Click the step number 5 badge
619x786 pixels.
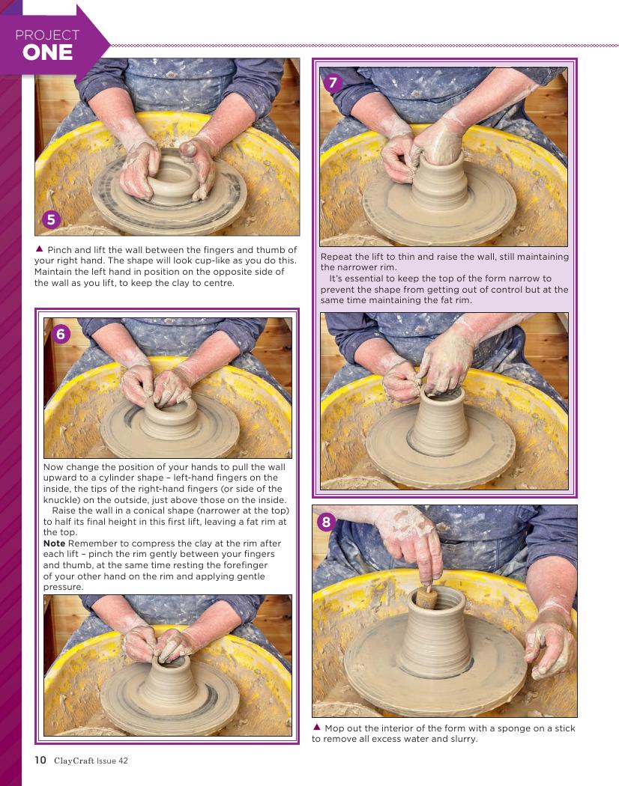click(51, 219)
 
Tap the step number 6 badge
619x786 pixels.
click(61, 334)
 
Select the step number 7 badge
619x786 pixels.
click(333, 82)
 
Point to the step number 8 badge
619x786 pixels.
click(326, 523)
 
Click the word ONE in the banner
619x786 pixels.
click(48, 52)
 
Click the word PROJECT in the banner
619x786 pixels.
click(47, 35)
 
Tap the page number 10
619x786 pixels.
click(40, 760)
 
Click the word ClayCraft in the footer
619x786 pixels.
click(73, 761)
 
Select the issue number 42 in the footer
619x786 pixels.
click(123, 761)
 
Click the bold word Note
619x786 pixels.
click(54, 543)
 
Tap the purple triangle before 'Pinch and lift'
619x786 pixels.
click(39, 249)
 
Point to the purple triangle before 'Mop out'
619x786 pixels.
click(317, 727)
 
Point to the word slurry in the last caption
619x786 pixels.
click(462, 739)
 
